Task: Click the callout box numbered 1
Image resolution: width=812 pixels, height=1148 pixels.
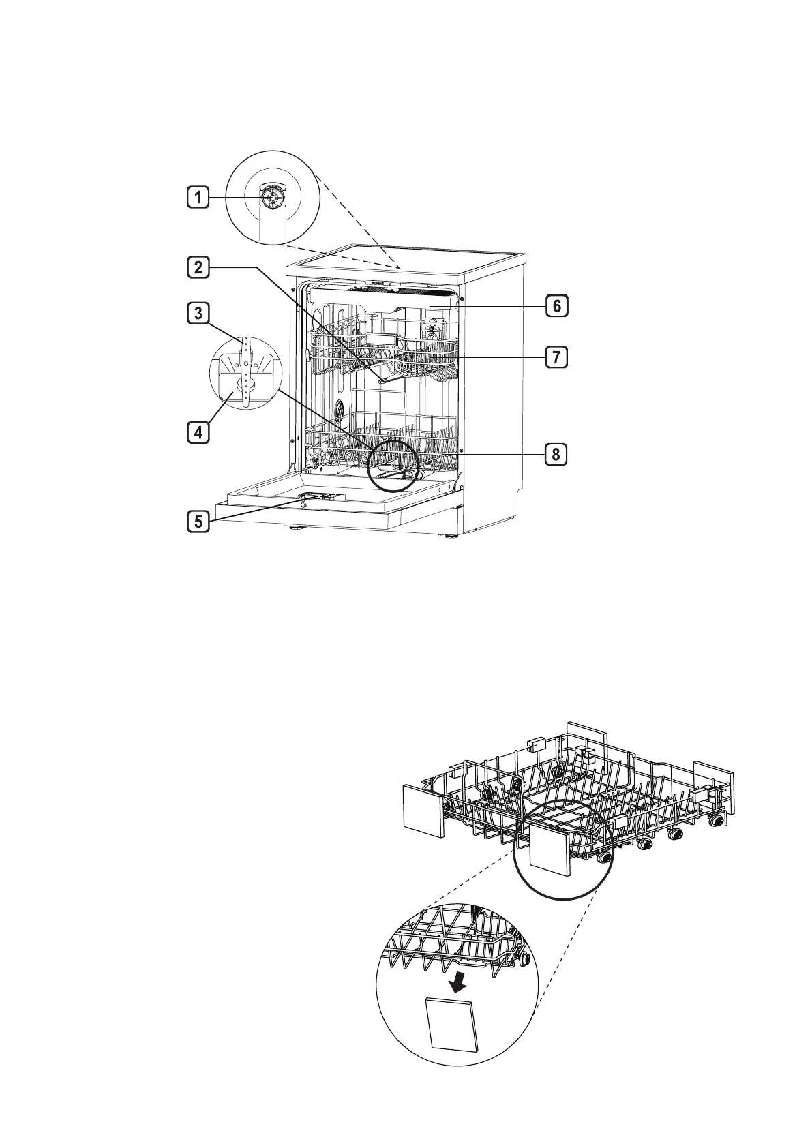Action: click(198, 198)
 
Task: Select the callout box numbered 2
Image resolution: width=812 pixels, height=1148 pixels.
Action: click(198, 267)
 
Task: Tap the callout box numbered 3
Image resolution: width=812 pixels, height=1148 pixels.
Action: click(198, 314)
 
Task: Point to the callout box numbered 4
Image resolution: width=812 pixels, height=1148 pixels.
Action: click(198, 432)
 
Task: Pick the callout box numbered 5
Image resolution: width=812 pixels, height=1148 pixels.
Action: click(198, 522)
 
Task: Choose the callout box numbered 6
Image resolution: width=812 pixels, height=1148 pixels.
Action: click(556, 306)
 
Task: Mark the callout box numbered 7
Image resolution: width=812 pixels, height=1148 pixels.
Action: click(556, 356)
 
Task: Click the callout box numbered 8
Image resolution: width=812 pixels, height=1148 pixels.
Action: click(556, 454)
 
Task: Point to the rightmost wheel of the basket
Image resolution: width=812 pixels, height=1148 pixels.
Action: click(715, 822)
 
